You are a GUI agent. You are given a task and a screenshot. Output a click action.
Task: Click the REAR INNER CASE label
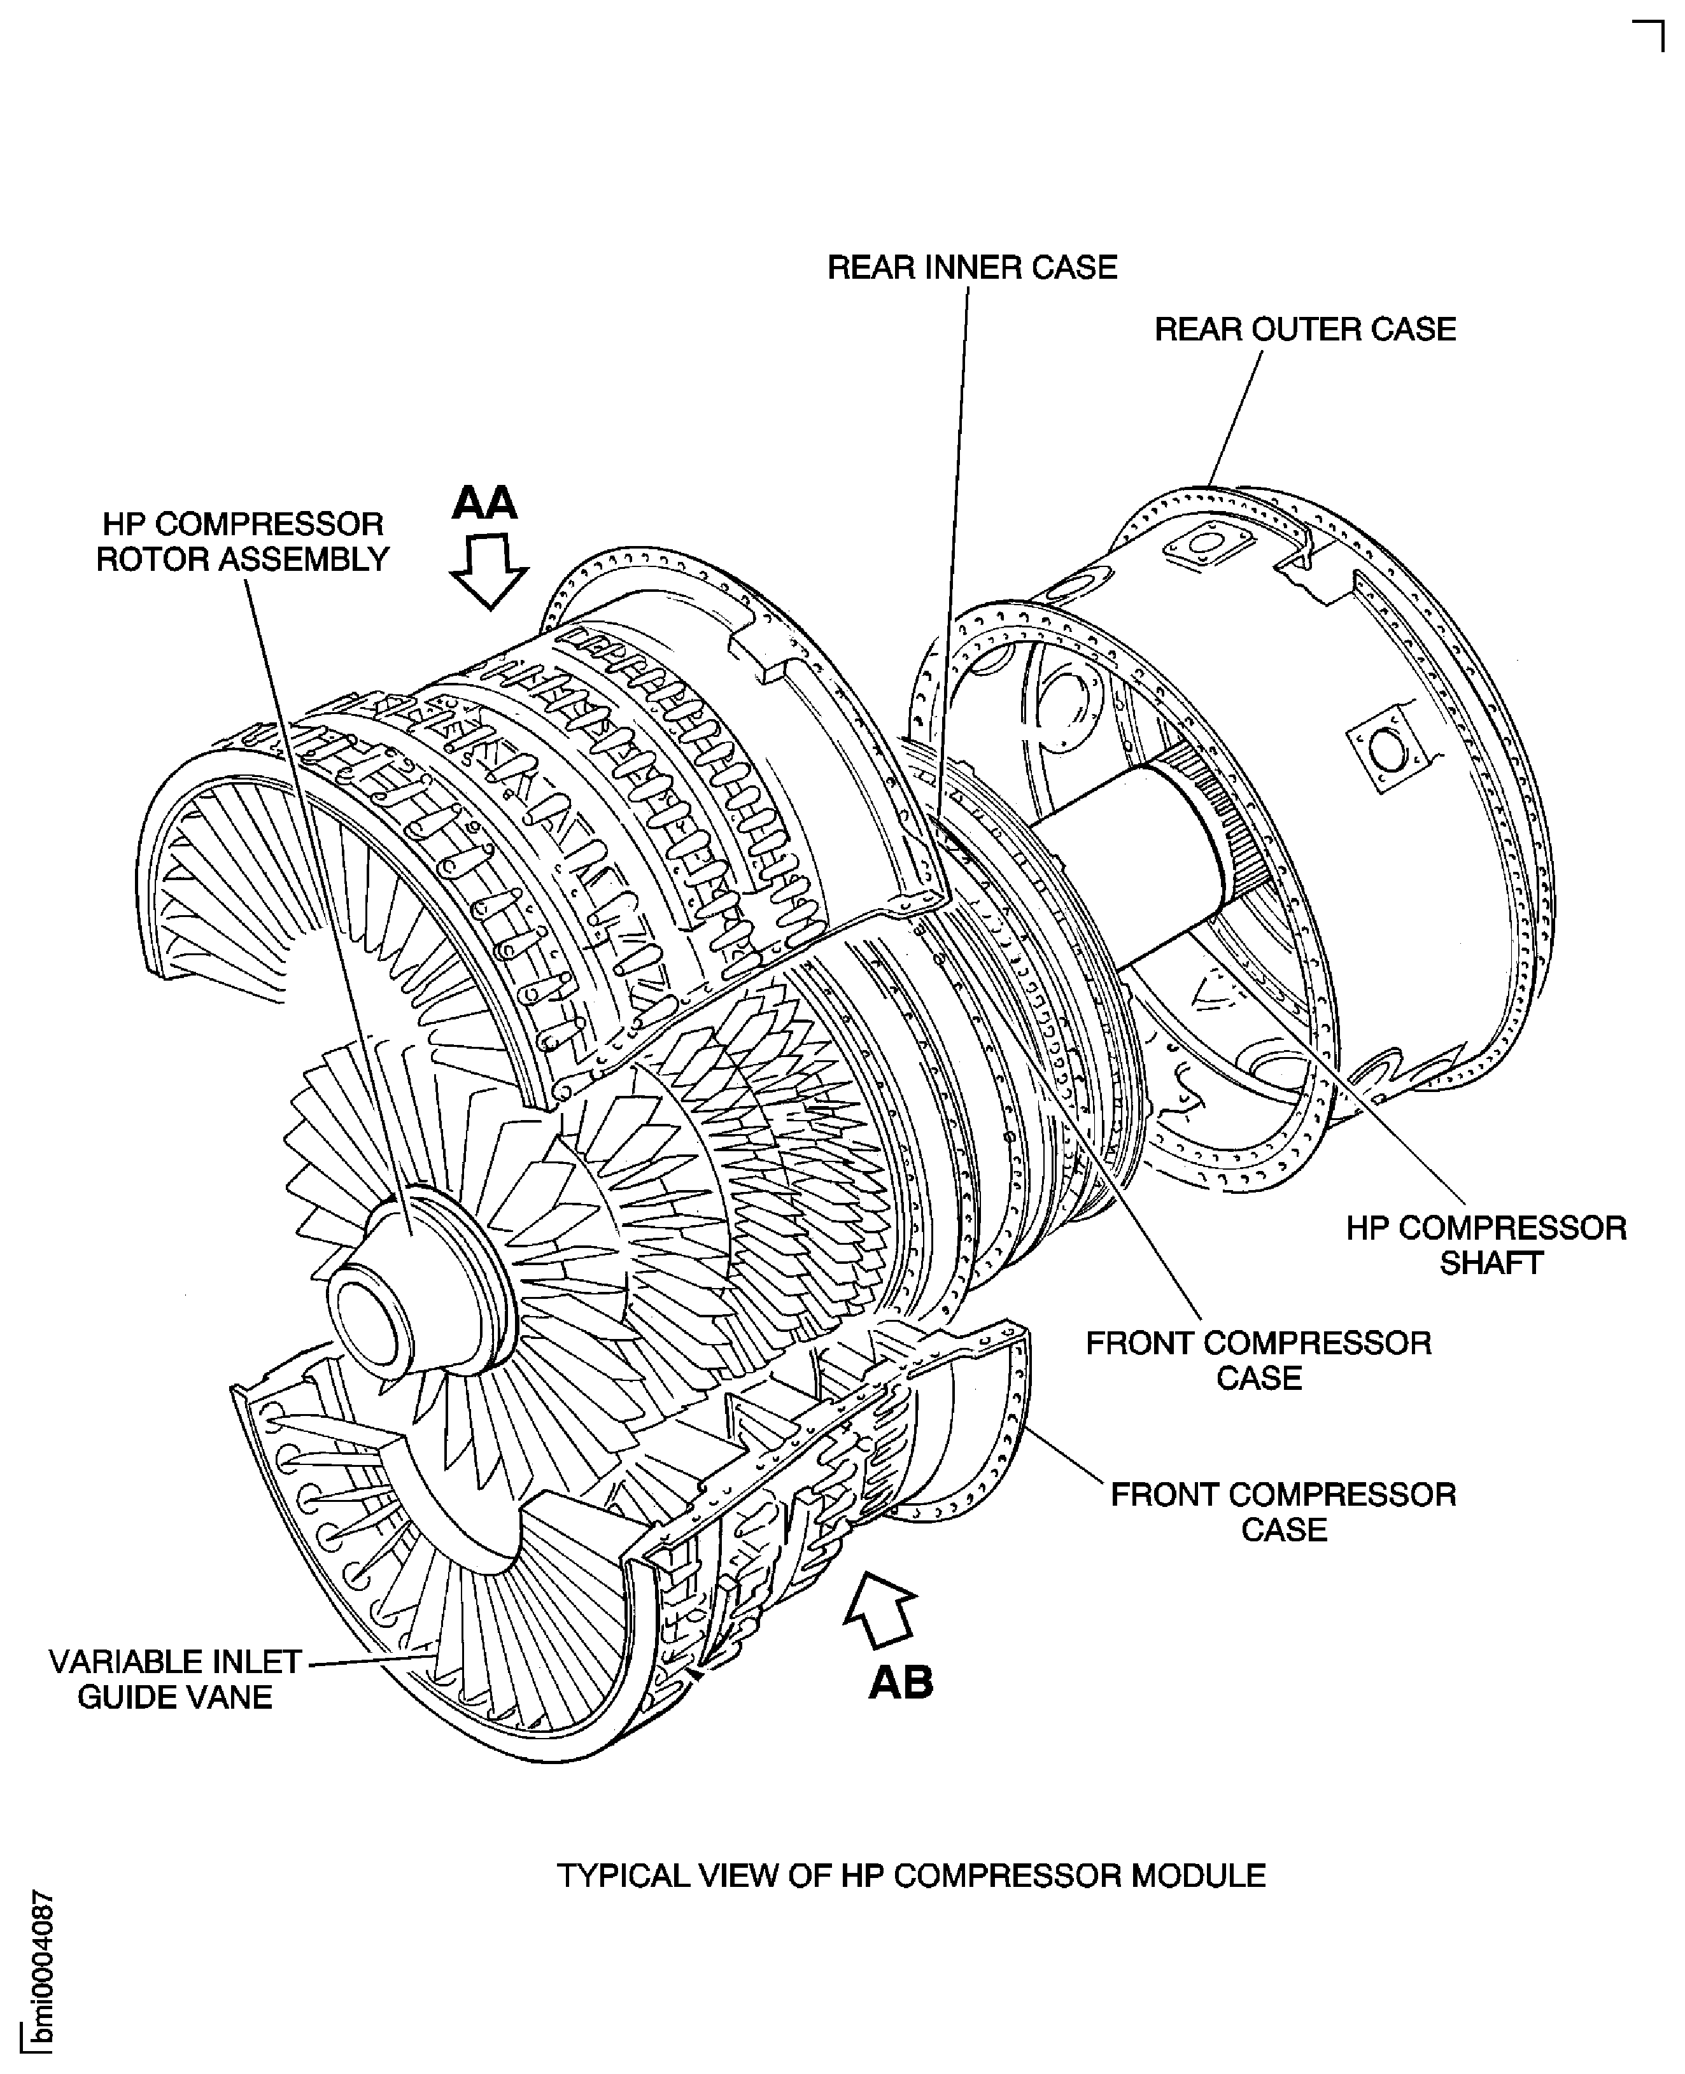[971, 268]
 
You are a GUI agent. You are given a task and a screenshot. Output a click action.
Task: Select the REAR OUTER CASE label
[1304, 330]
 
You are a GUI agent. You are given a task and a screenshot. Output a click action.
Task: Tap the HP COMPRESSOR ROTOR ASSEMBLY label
[243, 542]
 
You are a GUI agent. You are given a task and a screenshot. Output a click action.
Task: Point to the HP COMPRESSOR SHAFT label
[1486, 1245]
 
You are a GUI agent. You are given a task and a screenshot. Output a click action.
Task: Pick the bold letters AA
[485, 503]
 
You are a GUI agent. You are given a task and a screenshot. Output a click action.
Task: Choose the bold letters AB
[901, 1682]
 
